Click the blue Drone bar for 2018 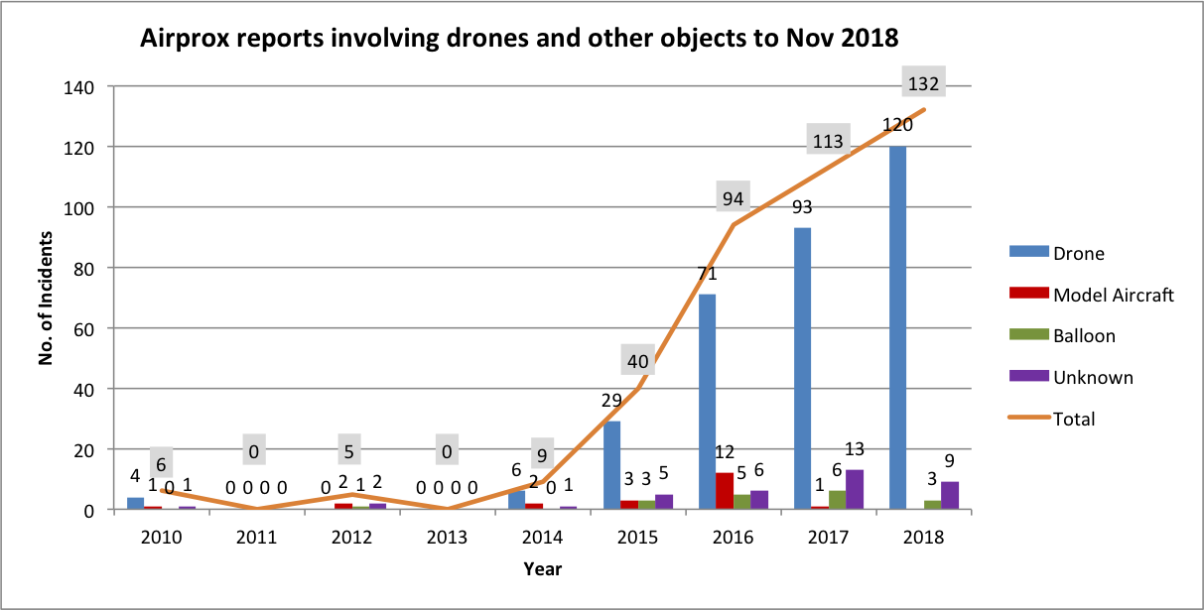coord(898,327)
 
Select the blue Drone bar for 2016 coord(707,402)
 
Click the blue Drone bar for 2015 coord(611,465)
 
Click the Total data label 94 coord(733,198)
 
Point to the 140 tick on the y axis coord(80,86)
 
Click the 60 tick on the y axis coord(85,328)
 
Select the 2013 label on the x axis coord(448,537)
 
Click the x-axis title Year coord(543,568)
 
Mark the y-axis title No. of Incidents coord(46,298)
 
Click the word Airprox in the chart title coord(179,39)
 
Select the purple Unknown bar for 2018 coord(950,496)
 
